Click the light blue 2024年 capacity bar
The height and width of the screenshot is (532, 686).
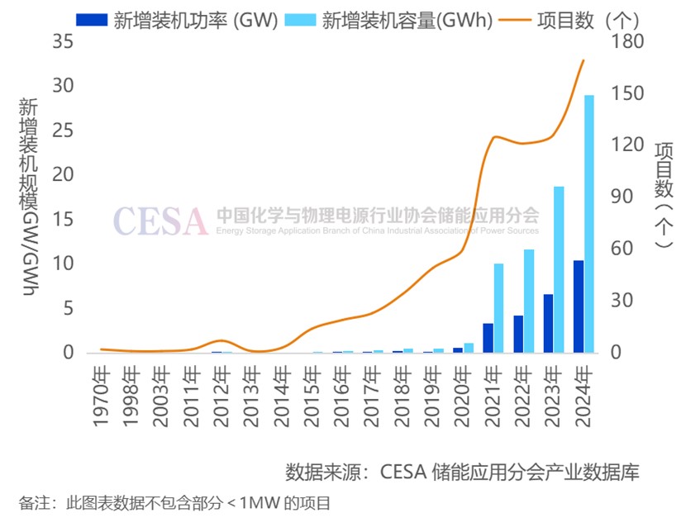coord(589,224)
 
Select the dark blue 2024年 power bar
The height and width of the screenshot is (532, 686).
coord(579,306)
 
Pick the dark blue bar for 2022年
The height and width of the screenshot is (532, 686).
coord(518,334)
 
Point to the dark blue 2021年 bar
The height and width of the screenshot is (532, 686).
coord(488,338)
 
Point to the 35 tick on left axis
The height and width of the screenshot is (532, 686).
coord(63,41)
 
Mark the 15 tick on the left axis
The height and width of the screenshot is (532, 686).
coord(63,220)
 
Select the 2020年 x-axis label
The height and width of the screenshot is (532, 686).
coord(464,400)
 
